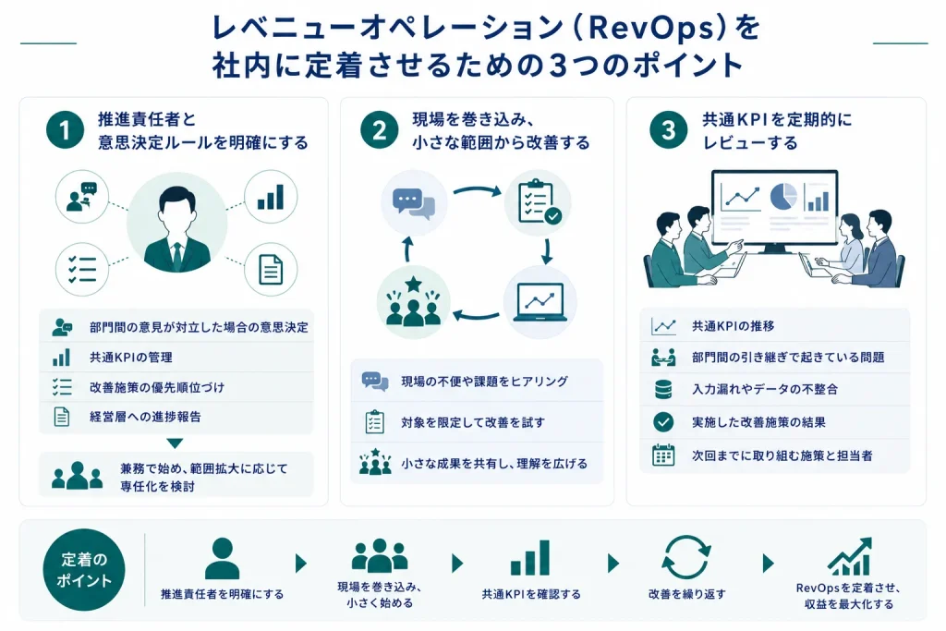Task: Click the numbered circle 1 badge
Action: tap(65, 129)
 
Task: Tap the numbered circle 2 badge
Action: tap(379, 129)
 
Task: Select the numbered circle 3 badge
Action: tap(669, 129)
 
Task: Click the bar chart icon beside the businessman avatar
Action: tap(271, 198)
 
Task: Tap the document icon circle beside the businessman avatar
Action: tap(271, 269)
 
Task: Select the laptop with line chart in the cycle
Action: tap(540, 301)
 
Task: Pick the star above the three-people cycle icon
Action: tap(413, 284)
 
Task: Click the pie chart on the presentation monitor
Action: tap(783, 197)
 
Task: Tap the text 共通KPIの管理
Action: tap(131, 358)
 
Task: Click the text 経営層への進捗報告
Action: tap(145, 417)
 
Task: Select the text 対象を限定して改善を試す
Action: tap(473, 422)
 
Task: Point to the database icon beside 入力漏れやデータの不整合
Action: tap(663, 389)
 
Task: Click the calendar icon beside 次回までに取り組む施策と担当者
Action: tap(663, 455)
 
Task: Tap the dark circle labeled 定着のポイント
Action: tap(84, 569)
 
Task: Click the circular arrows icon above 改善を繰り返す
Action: tap(686, 557)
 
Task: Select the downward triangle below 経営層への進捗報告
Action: tap(175, 443)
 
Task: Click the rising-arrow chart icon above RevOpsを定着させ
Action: tap(850, 556)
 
